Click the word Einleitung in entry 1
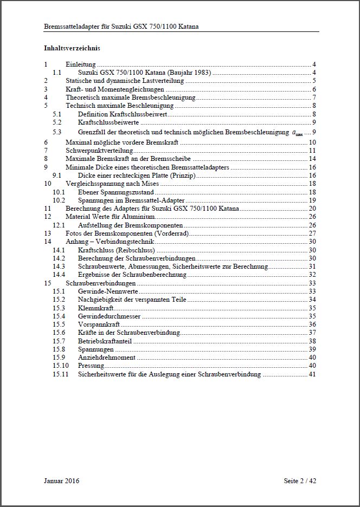[x=80, y=64]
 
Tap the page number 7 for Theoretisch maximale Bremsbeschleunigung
[x=314, y=97]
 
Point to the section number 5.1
[x=57, y=114]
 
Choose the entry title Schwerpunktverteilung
[x=99, y=150]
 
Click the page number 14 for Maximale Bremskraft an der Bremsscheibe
[x=312, y=159]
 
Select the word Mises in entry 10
[x=150, y=184]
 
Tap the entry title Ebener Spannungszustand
[x=115, y=192]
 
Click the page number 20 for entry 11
[x=312, y=208]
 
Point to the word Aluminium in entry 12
[x=140, y=216]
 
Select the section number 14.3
[x=59, y=266]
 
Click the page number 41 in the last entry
[x=312, y=374]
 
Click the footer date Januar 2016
[x=62, y=480]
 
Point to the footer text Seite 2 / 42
[x=300, y=480]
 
